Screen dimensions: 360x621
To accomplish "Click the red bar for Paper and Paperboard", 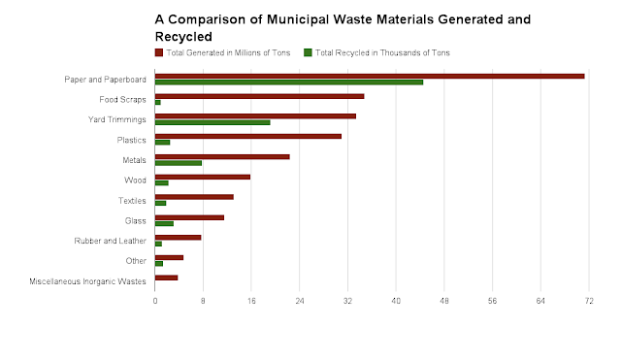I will pyautogui.click(x=369, y=76).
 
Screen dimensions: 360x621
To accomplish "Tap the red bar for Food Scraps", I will pyautogui.click(x=259, y=96).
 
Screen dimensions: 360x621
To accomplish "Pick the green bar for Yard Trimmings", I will pyautogui.click(x=212, y=122).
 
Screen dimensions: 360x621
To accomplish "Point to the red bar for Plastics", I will pyautogui.click(x=247, y=136).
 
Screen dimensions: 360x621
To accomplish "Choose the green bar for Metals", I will pyautogui.click(x=179, y=163).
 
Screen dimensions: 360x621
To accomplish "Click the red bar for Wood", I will pyautogui.click(x=202, y=177).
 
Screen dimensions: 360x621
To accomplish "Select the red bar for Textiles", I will pyautogui.click(x=194, y=197).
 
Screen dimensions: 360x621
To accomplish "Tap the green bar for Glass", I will pyautogui.click(x=164, y=223).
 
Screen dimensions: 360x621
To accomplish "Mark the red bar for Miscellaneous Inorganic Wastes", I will pyautogui.click(x=166, y=278).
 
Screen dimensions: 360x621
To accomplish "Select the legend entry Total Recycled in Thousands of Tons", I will pyautogui.click(x=379, y=52).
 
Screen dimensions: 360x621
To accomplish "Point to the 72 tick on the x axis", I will pyautogui.click(x=588, y=302).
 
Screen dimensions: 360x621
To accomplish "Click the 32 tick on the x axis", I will pyautogui.click(x=347, y=302).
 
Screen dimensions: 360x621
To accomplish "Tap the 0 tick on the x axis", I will pyautogui.click(x=155, y=302).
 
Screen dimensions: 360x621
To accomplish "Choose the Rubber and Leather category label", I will pyautogui.click(x=110, y=241).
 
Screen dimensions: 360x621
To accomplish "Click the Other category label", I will pyautogui.click(x=136, y=261).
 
